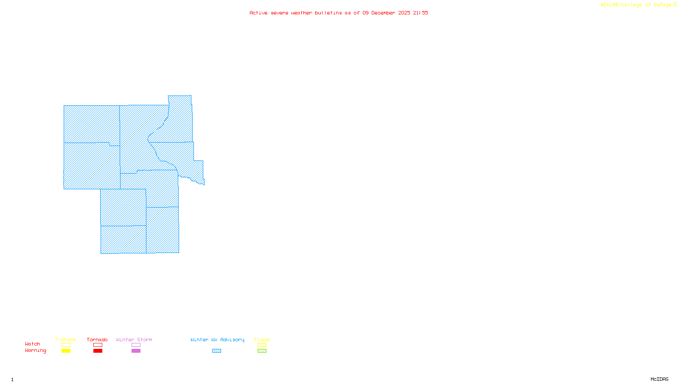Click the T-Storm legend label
pos(65,340)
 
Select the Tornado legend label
pos(97,340)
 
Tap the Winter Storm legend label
pos(134,340)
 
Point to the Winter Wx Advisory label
pos(217,340)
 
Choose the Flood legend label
pos(262,340)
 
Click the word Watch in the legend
pos(33,344)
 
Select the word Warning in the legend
pos(35,351)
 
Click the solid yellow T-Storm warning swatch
pos(66,351)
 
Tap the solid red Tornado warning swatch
pos(98,351)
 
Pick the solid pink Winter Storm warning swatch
pos(136,351)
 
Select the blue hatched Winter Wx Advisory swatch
pos(216,351)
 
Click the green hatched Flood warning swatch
pos(262,351)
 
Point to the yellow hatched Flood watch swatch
pos(262,345)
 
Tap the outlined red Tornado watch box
pos(98,345)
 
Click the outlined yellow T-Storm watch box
pos(66,345)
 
